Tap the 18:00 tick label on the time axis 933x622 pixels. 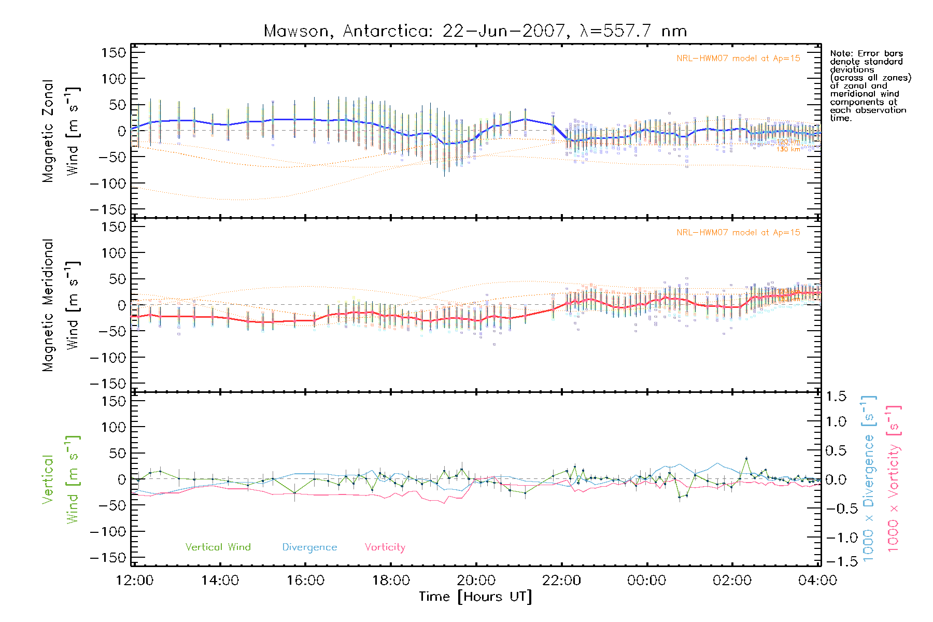pos(391,581)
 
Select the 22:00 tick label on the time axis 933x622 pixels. pos(561,581)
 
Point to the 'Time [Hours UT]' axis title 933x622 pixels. pos(475,597)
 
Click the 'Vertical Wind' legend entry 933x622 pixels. pos(218,547)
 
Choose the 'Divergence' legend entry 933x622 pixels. pos(309,547)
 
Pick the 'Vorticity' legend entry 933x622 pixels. pos(385,547)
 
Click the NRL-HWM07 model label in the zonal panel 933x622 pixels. pos(738,59)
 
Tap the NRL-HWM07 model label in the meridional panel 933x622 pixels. pos(738,233)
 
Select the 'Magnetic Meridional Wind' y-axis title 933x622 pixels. pos(61,305)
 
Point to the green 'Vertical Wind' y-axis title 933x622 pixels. pos(61,479)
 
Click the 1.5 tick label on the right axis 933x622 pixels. pos(836,397)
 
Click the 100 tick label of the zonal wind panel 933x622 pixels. pos(114,79)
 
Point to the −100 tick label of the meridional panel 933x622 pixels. pos(108,358)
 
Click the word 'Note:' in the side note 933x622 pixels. pos(841,53)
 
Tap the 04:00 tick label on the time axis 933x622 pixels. pos(817,581)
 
